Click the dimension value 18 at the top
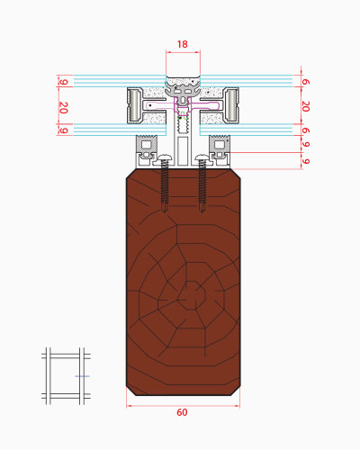tap(182, 44)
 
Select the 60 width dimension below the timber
tap(182, 412)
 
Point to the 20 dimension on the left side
tap(63, 108)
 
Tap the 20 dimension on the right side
tap(305, 106)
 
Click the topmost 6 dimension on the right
tap(305, 82)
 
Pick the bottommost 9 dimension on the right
tap(305, 161)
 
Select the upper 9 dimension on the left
tap(63, 82)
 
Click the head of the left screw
tap(165, 157)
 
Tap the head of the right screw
tap(202, 157)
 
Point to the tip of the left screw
tap(165, 211)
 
